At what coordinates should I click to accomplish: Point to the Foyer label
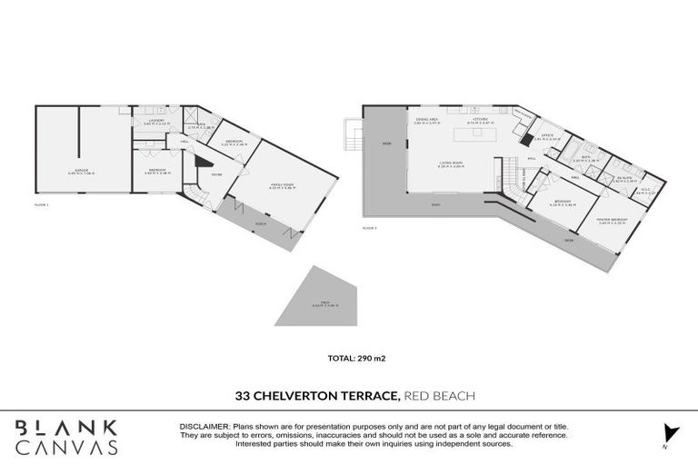click(217, 175)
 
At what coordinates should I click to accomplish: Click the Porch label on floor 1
click(261, 223)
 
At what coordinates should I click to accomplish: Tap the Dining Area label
click(427, 120)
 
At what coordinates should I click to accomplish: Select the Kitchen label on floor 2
click(481, 120)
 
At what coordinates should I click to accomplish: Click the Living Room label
click(451, 164)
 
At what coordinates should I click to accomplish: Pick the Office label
click(547, 136)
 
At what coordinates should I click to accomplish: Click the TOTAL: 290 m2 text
click(349, 359)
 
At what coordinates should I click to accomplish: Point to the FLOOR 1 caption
click(42, 207)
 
